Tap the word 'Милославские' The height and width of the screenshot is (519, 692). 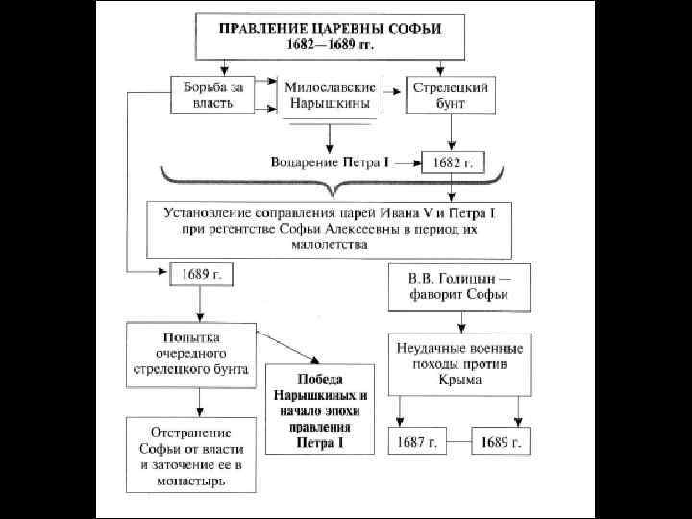coord(330,87)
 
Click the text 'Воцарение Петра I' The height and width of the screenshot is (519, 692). coord(330,164)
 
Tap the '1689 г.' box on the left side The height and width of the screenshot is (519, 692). coord(202,274)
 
